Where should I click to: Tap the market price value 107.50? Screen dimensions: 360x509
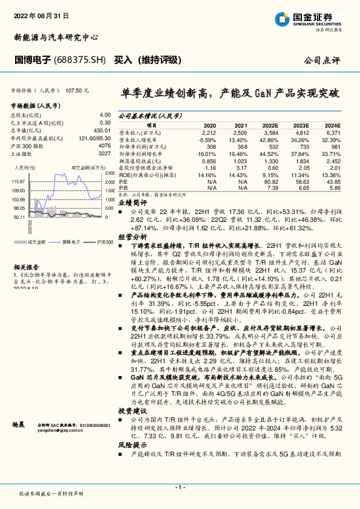click(x=77, y=90)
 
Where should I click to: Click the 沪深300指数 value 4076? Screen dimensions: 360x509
click(x=105, y=146)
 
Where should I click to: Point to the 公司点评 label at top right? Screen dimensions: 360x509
click(x=323, y=61)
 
